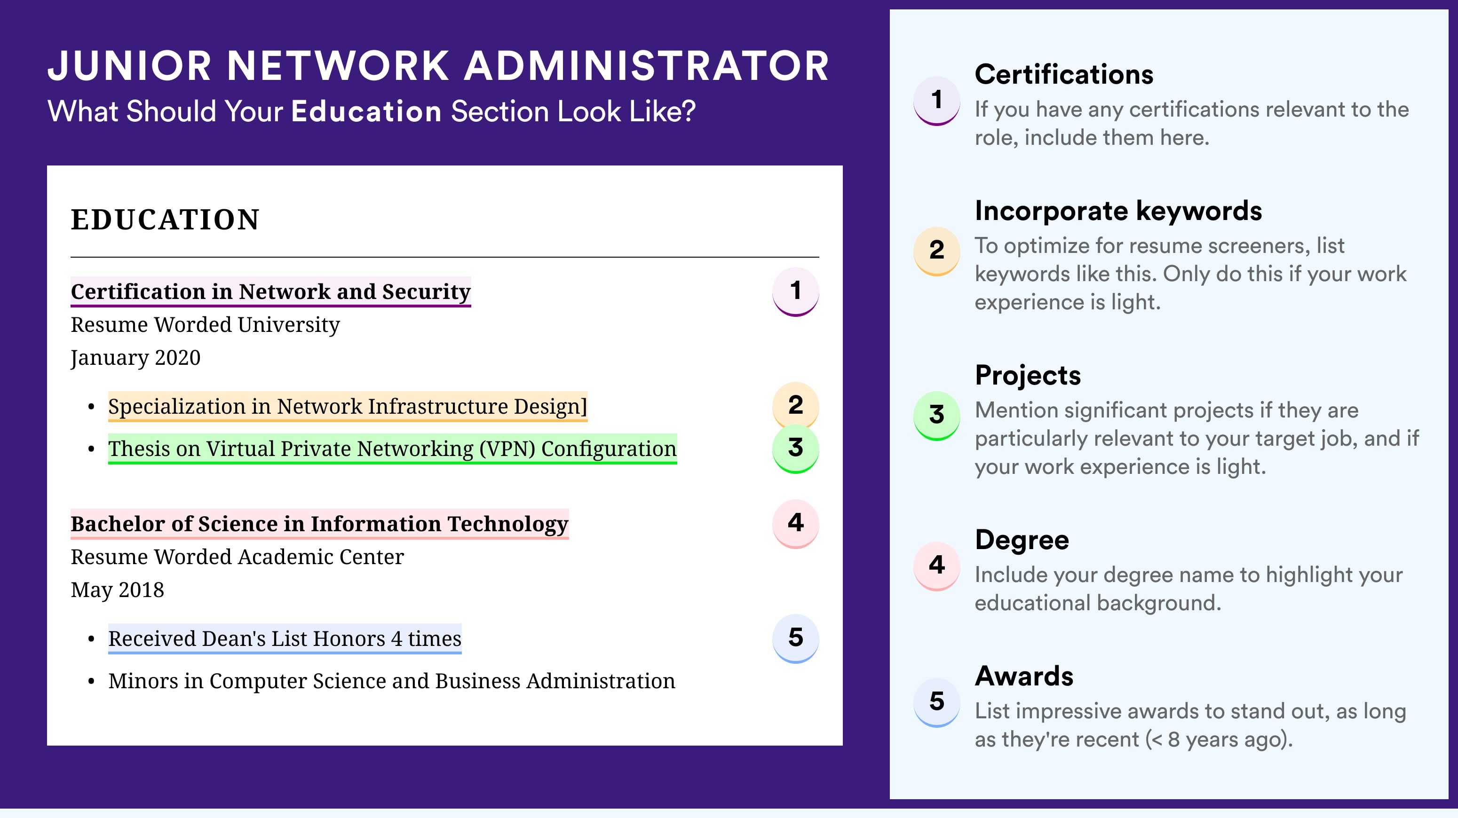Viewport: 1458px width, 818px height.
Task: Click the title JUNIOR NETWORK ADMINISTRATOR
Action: tap(438, 66)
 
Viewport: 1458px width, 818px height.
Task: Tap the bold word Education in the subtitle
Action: tap(366, 111)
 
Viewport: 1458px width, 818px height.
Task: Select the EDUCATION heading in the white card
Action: tap(165, 220)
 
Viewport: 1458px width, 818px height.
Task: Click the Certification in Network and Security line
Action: tap(270, 292)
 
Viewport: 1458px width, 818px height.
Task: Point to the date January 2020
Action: tap(136, 357)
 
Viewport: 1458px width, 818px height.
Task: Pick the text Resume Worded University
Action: tap(206, 325)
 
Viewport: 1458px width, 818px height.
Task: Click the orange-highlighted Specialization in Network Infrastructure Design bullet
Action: tap(348, 406)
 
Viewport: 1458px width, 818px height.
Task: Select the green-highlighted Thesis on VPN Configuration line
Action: tap(392, 448)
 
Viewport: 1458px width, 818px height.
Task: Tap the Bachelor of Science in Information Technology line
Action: tap(319, 524)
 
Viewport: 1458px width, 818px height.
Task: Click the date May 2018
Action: tap(117, 590)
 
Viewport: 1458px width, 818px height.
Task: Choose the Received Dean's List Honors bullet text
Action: tap(285, 639)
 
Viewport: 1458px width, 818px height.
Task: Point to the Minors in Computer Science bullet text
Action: tap(392, 681)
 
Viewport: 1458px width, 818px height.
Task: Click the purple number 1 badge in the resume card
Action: tap(795, 291)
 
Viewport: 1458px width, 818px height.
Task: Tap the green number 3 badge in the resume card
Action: tap(795, 448)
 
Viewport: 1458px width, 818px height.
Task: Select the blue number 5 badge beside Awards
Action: tap(937, 702)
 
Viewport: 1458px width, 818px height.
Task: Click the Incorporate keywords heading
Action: tap(1118, 212)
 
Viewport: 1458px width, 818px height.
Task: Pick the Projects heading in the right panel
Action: tap(1028, 375)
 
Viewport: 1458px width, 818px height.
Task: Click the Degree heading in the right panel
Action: tap(1022, 540)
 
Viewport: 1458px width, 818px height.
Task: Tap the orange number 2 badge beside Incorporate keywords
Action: tap(937, 251)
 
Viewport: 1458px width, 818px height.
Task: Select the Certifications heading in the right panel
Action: tap(1063, 74)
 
